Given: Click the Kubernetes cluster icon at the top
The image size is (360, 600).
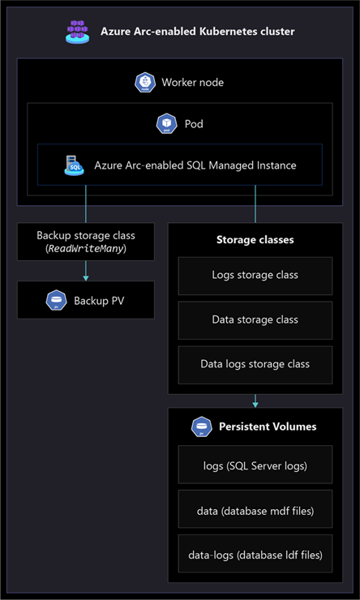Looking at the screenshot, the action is pyautogui.click(x=77, y=32).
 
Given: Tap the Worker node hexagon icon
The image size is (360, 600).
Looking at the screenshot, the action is pyautogui.click(x=145, y=83).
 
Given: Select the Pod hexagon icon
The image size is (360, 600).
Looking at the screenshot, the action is pyautogui.click(x=167, y=124).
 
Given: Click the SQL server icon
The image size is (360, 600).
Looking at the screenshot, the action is pyautogui.click(x=75, y=165).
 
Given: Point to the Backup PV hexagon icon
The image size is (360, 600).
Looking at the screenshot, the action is pyautogui.click(x=56, y=300).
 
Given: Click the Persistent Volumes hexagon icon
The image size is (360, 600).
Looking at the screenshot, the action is pyautogui.click(x=202, y=426).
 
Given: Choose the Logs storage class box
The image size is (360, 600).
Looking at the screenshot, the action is pyautogui.click(x=255, y=276).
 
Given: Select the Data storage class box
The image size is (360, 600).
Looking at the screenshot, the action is pyautogui.click(x=255, y=320).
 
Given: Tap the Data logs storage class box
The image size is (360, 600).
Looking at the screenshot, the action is pyautogui.click(x=255, y=365).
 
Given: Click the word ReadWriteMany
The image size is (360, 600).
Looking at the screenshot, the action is pyautogui.click(x=86, y=249).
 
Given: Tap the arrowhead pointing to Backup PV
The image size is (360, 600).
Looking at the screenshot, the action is pyautogui.click(x=86, y=278).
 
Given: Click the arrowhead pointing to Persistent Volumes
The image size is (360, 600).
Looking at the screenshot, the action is pyautogui.click(x=255, y=404).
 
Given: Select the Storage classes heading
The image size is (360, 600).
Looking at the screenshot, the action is pyautogui.click(x=255, y=240).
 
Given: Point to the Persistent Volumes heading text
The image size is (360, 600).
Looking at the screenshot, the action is pyautogui.click(x=268, y=426).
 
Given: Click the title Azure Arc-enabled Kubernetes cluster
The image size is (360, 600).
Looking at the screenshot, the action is pyautogui.click(x=197, y=32).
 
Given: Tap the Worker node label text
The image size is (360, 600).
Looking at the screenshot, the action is pyautogui.click(x=192, y=83).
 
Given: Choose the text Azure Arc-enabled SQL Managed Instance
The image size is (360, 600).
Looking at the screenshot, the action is pyautogui.click(x=195, y=165).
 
